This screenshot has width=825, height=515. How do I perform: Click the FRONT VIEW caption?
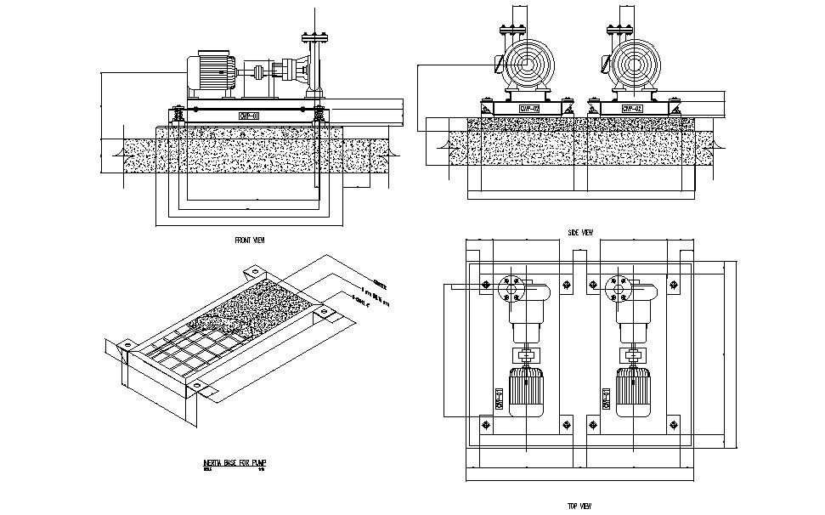(250, 241)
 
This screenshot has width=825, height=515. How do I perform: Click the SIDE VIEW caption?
(579, 232)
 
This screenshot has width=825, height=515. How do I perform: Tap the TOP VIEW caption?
(579, 506)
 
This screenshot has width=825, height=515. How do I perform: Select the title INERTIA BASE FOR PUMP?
(235, 462)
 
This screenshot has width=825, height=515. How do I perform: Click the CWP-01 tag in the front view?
(249, 116)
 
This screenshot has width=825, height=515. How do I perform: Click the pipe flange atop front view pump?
(314, 37)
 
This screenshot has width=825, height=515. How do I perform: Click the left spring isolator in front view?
(178, 114)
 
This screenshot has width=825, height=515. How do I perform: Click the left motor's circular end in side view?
(525, 65)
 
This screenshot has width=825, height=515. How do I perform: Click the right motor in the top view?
(632, 391)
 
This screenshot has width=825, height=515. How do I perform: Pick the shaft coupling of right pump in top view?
(633, 355)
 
